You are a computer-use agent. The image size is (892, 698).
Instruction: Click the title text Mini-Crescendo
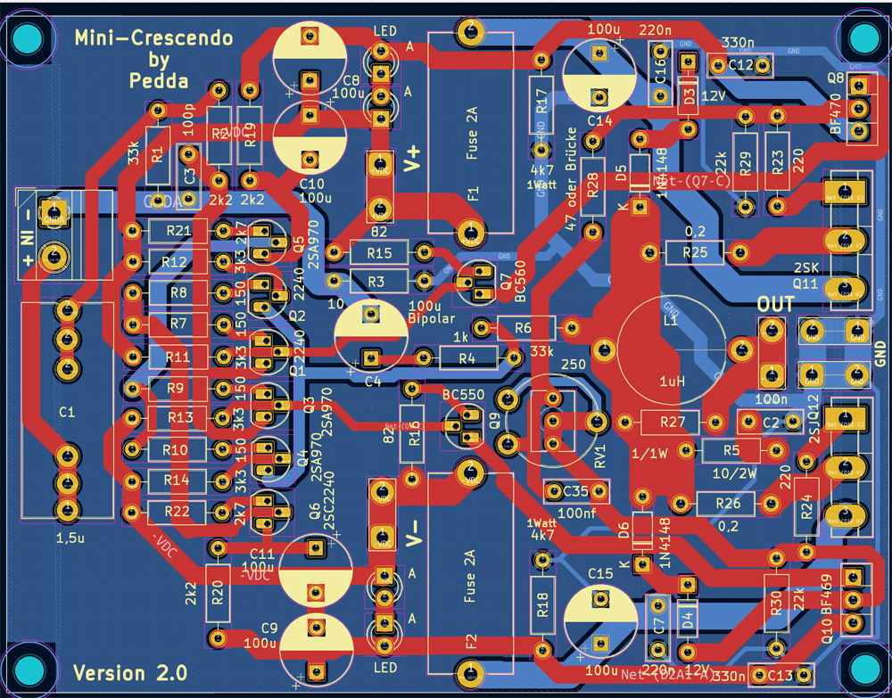click(x=153, y=38)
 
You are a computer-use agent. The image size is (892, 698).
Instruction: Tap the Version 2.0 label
click(x=130, y=672)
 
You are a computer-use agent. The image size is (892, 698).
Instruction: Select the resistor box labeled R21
click(x=178, y=232)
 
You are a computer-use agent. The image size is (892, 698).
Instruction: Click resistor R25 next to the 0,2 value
click(x=695, y=253)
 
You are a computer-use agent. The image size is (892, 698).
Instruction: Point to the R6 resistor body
click(x=524, y=328)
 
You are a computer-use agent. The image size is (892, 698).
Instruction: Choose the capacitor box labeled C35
click(x=572, y=490)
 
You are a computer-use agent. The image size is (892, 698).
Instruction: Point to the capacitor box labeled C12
click(x=739, y=65)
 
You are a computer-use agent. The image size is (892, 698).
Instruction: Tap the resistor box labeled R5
click(x=731, y=450)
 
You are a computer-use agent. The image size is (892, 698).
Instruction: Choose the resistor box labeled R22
click(x=178, y=512)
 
